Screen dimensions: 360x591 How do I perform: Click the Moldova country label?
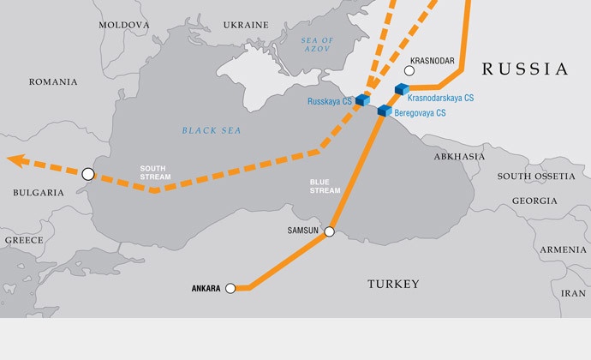click(123, 26)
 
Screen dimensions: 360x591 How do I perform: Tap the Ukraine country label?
click(246, 26)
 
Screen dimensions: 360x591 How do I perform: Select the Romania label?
click(53, 82)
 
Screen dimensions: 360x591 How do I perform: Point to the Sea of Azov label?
click(317, 46)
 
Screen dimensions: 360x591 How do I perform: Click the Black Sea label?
click(212, 130)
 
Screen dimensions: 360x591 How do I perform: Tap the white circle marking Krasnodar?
click(409, 70)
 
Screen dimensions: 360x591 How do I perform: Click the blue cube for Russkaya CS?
click(362, 101)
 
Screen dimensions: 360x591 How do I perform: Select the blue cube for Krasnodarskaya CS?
click(400, 89)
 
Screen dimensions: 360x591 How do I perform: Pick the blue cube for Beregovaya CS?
click(385, 111)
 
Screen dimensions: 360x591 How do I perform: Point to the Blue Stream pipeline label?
click(325, 186)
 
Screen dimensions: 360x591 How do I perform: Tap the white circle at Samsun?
click(328, 231)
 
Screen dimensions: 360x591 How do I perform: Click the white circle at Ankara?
click(230, 289)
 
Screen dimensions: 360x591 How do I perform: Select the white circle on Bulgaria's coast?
click(87, 174)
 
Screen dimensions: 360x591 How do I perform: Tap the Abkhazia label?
click(459, 157)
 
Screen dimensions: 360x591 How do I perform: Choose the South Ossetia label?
click(536, 176)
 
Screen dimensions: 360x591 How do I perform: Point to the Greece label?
click(24, 241)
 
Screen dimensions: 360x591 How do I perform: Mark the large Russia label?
click(524, 69)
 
